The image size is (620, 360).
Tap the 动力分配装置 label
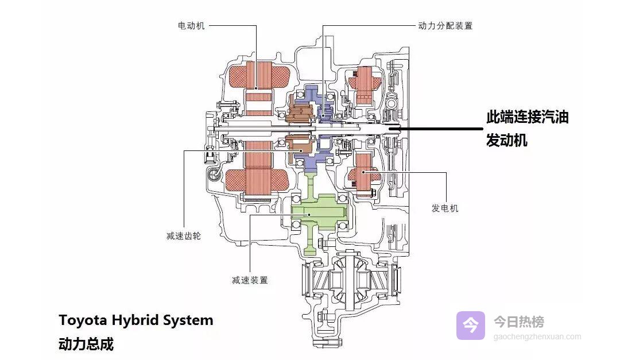pyautogui.click(x=445, y=26)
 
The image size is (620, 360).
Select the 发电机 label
pyautogui.click(x=445, y=208)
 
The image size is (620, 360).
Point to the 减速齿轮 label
pyautogui.click(x=183, y=236)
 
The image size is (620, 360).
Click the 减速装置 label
pyautogui.click(x=250, y=280)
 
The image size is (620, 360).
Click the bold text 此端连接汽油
pyautogui.click(x=527, y=118)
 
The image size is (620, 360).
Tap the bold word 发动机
pyautogui.click(x=506, y=140)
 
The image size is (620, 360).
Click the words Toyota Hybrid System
pyautogui.click(x=135, y=320)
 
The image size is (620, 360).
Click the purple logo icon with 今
pyautogui.click(x=471, y=326)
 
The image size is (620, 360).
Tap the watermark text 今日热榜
pyautogui.click(x=519, y=322)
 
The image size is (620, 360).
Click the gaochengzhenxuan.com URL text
pyautogui.click(x=537, y=337)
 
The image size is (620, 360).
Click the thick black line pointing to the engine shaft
pyautogui.click(x=436, y=129)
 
